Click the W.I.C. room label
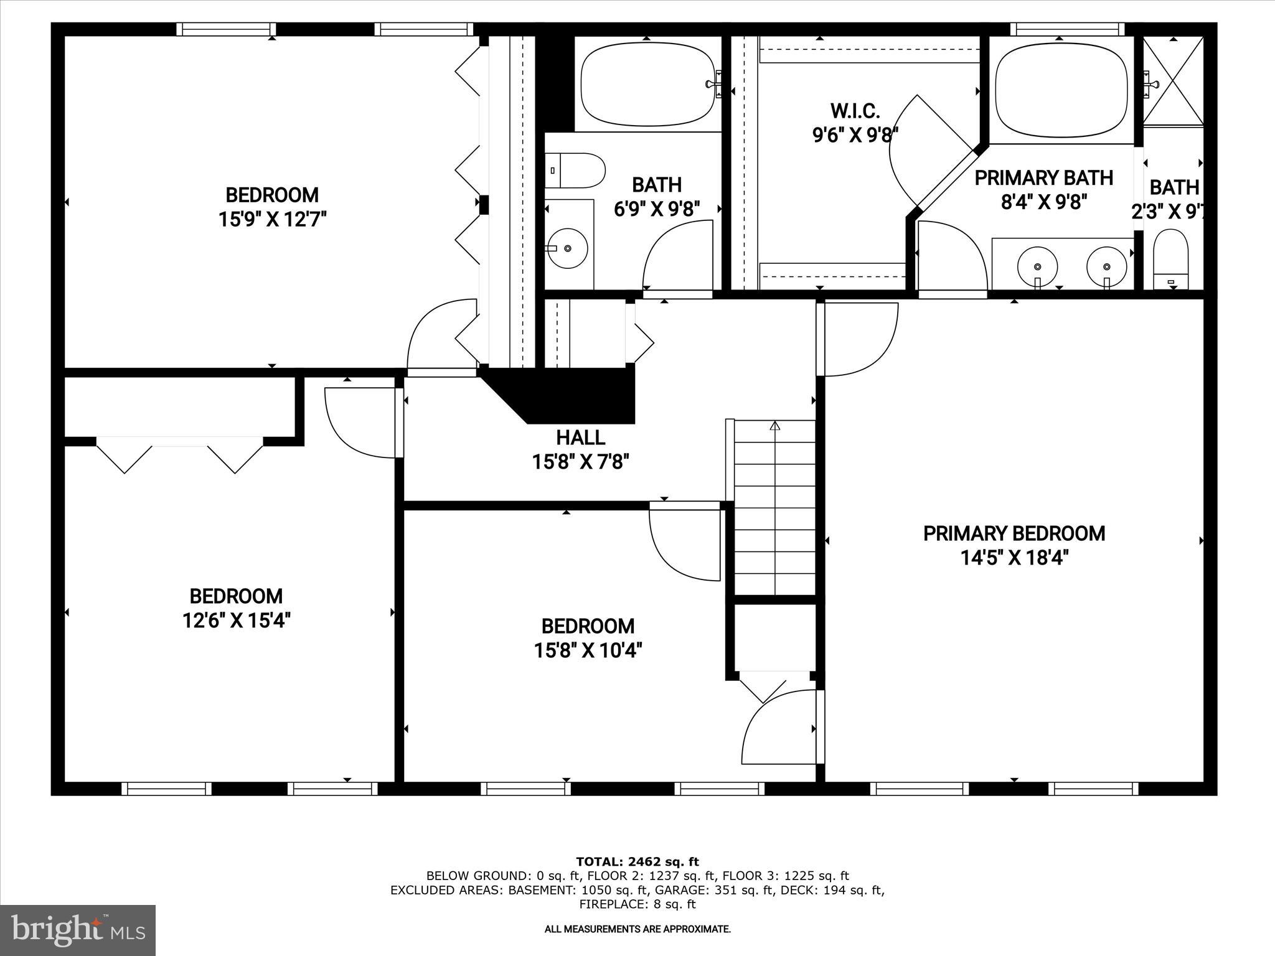pos(855,111)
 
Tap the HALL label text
pos(580,438)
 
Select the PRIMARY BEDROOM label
pos(1014,533)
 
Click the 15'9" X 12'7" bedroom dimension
pos(272,220)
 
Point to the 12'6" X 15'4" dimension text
pos(236,621)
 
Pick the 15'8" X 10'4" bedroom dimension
pos(588,650)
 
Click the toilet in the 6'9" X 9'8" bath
pos(576,171)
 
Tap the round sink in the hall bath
pos(567,248)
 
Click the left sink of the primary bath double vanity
pos(1037,266)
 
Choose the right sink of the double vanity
pos(1106,266)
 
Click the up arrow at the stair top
pos(774,427)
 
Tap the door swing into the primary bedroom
pos(859,339)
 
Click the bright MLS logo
pos(78,930)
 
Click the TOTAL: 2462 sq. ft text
pos(637,862)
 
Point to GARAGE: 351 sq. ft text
pos(714,890)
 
